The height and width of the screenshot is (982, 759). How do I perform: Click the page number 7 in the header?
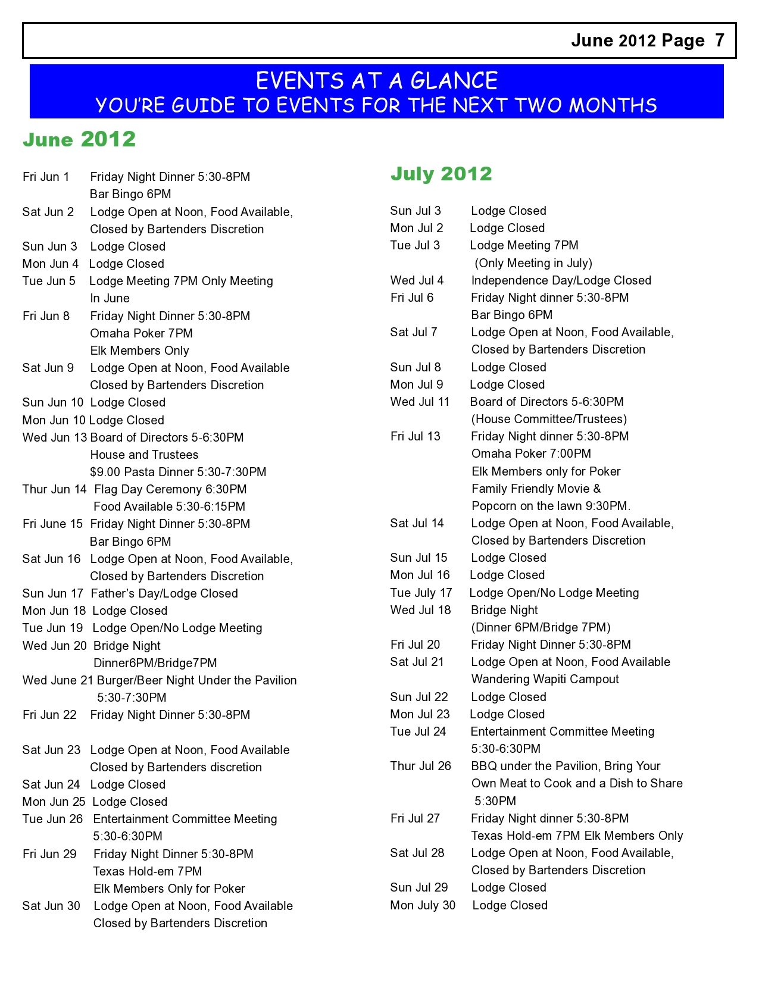pyautogui.click(x=720, y=40)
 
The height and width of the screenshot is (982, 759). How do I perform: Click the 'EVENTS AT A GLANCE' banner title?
pyautogui.click(x=376, y=80)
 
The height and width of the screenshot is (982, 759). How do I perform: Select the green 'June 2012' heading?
pyautogui.click(x=79, y=139)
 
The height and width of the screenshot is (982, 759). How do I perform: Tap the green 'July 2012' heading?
pyautogui.click(x=441, y=174)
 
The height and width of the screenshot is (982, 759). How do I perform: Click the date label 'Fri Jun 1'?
pyautogui.click(x=46, y=177)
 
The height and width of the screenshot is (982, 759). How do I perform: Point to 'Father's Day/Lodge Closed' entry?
pyautogui.click(x=164, y=593)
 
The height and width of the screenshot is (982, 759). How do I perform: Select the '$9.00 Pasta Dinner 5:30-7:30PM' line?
pyautogui.click(x=178, y=472)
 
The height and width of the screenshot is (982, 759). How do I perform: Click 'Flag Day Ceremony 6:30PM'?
pyautogui.click(x=170, y=489)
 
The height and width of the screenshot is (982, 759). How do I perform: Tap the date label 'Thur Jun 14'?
pyautogui.click(x=54, y=489)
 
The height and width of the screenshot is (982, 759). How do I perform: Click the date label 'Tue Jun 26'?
pyautogui.click(x=52, y=819)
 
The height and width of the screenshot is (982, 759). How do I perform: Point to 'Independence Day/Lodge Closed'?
pyautogui.click(x=561, y=280)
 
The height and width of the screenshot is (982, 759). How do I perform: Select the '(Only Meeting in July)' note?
pyautogui.click(x=533, y=263)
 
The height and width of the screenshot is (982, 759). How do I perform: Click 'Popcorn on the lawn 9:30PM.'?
pyautogui.click(x=551, y=506)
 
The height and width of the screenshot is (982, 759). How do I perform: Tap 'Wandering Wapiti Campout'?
pyautogui.click(x=545, y=679)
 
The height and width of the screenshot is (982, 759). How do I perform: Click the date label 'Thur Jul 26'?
pyautogui.click(x=420, y=766)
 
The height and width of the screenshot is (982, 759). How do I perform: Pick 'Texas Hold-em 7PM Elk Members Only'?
pyautogui.click(x=577, y=836)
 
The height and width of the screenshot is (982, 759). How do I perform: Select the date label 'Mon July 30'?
pyautogui.click(x=423, y=905)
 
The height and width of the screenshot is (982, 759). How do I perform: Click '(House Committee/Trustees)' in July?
pyautogui.click(x=549, y=419)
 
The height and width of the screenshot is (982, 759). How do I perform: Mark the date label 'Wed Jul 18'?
pyautogui.click(x=420, y=610)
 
